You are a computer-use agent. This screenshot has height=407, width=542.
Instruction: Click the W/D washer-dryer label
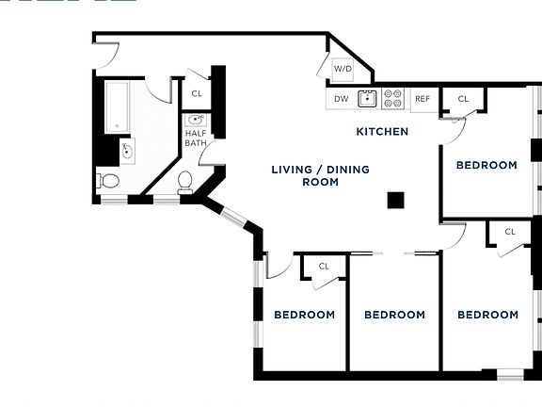click(x=343, y=69)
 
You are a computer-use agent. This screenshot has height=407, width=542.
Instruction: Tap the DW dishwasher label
click(x=341, y=98)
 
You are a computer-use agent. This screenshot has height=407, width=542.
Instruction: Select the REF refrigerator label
click(x=422, y=98)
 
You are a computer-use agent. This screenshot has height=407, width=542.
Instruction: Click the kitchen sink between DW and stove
click(x=368, y=98)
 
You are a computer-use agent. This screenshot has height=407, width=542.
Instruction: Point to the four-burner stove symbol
click(x=393, y=98)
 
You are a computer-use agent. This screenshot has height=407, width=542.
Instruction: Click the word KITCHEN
click(x=382, y=132)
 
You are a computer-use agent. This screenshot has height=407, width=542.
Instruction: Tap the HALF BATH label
click(x=196, y=138)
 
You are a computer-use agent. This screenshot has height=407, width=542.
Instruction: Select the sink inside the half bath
click(x=197, y=120)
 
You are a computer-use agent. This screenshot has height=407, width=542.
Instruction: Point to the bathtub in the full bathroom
click(x=117, y=106)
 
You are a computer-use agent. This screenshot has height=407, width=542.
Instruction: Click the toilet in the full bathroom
click(x=108, y=179)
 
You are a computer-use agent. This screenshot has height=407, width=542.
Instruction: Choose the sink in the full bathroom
click(x=127, y=151)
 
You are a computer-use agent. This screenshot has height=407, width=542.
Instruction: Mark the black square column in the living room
click(x=396, y=200)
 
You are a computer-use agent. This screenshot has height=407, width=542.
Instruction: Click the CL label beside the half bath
click(x=197, y=93)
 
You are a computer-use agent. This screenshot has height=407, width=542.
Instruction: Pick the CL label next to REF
click(x=463, y=99)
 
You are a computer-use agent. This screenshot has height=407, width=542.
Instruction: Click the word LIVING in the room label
click(x=292, y=170)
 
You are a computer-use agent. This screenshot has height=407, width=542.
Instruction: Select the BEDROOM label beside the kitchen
click(x=486, y=165)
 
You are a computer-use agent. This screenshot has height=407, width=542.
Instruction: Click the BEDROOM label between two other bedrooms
click(x=394, y=315)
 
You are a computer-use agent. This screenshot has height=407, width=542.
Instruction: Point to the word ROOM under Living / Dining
click(x=320, y=182)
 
